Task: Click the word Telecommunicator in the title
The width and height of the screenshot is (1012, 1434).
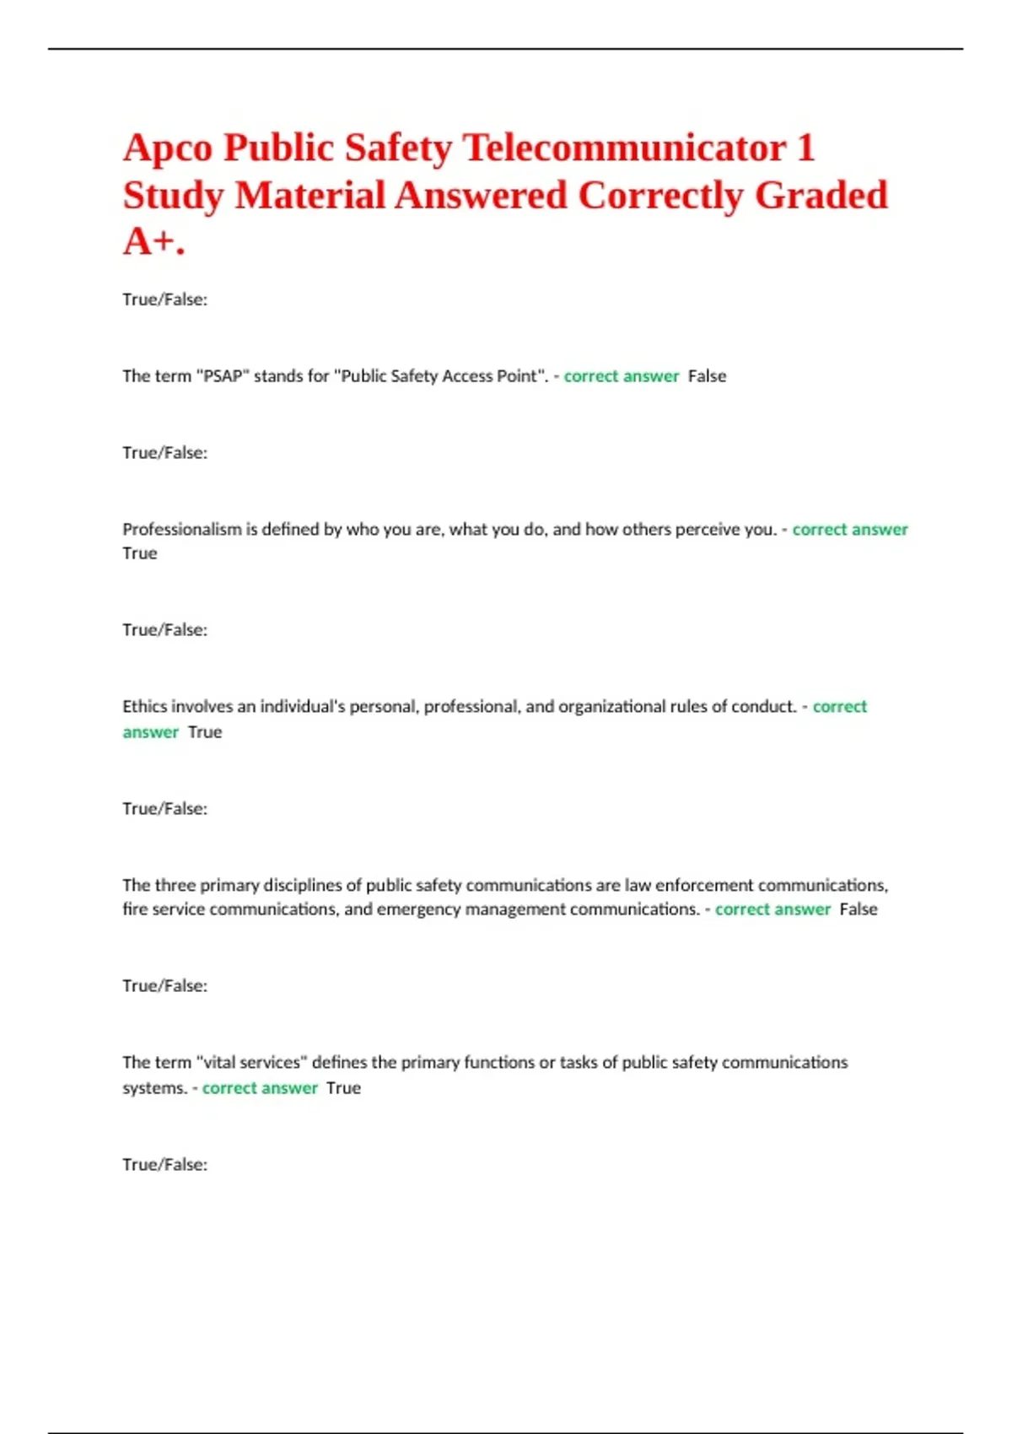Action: coord(625,148)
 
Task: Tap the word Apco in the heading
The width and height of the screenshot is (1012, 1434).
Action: coord(168,148)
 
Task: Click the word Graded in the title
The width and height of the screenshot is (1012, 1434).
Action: coord(821,196)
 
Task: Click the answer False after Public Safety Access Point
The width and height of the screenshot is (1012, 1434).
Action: coord(707,376)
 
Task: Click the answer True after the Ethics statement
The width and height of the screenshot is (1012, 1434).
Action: coord(205,732)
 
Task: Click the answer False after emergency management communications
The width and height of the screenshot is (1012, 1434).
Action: coord(859,909)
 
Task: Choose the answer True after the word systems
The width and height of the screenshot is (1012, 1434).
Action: coord(343,1088)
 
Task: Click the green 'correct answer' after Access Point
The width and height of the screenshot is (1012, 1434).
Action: coord(622,376)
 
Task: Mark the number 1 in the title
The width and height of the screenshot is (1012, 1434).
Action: coord(805,148)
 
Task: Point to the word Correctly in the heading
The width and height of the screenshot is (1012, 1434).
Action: coord(660,196)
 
